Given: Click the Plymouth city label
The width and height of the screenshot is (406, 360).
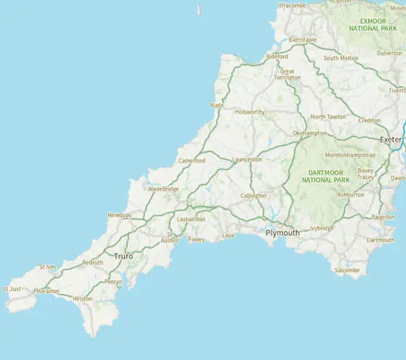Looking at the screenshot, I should click(x=282, y=233).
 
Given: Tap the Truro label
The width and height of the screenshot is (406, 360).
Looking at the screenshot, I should click(x=123, y=256).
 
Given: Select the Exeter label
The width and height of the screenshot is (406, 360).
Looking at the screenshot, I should click(x=391, y=140).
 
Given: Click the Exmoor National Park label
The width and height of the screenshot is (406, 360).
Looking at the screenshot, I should click(x=373, y=24).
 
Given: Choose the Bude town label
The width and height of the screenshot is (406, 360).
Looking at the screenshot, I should click(x=217, y=105).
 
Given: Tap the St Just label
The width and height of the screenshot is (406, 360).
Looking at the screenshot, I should click(x=12, y=289).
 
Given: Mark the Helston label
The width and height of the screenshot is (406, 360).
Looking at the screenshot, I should click(x=82, y=299).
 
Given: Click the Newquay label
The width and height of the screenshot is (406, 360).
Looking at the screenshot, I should click(x=119, y=216).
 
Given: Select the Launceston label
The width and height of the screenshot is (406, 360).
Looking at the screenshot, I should click(x=247, y=159).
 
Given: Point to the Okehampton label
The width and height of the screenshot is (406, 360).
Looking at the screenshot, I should click(x=309, y=133).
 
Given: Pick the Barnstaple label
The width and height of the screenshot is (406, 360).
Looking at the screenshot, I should click(x=303, y=40).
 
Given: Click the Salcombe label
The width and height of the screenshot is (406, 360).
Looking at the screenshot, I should click(x=347, y=270).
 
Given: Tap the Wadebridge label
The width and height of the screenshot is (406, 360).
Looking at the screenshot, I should click(x=163, y=189).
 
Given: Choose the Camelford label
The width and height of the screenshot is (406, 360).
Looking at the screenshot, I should click(x=191, y=161).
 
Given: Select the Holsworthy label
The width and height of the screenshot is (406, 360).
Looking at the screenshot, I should click(x=249, y=112).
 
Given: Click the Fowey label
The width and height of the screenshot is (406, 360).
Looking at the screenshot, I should click(x=196, y=240).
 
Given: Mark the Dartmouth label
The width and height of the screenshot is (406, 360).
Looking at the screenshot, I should click(x=380, y=240).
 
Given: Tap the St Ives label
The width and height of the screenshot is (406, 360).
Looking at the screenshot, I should click(x=48, y=267).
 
